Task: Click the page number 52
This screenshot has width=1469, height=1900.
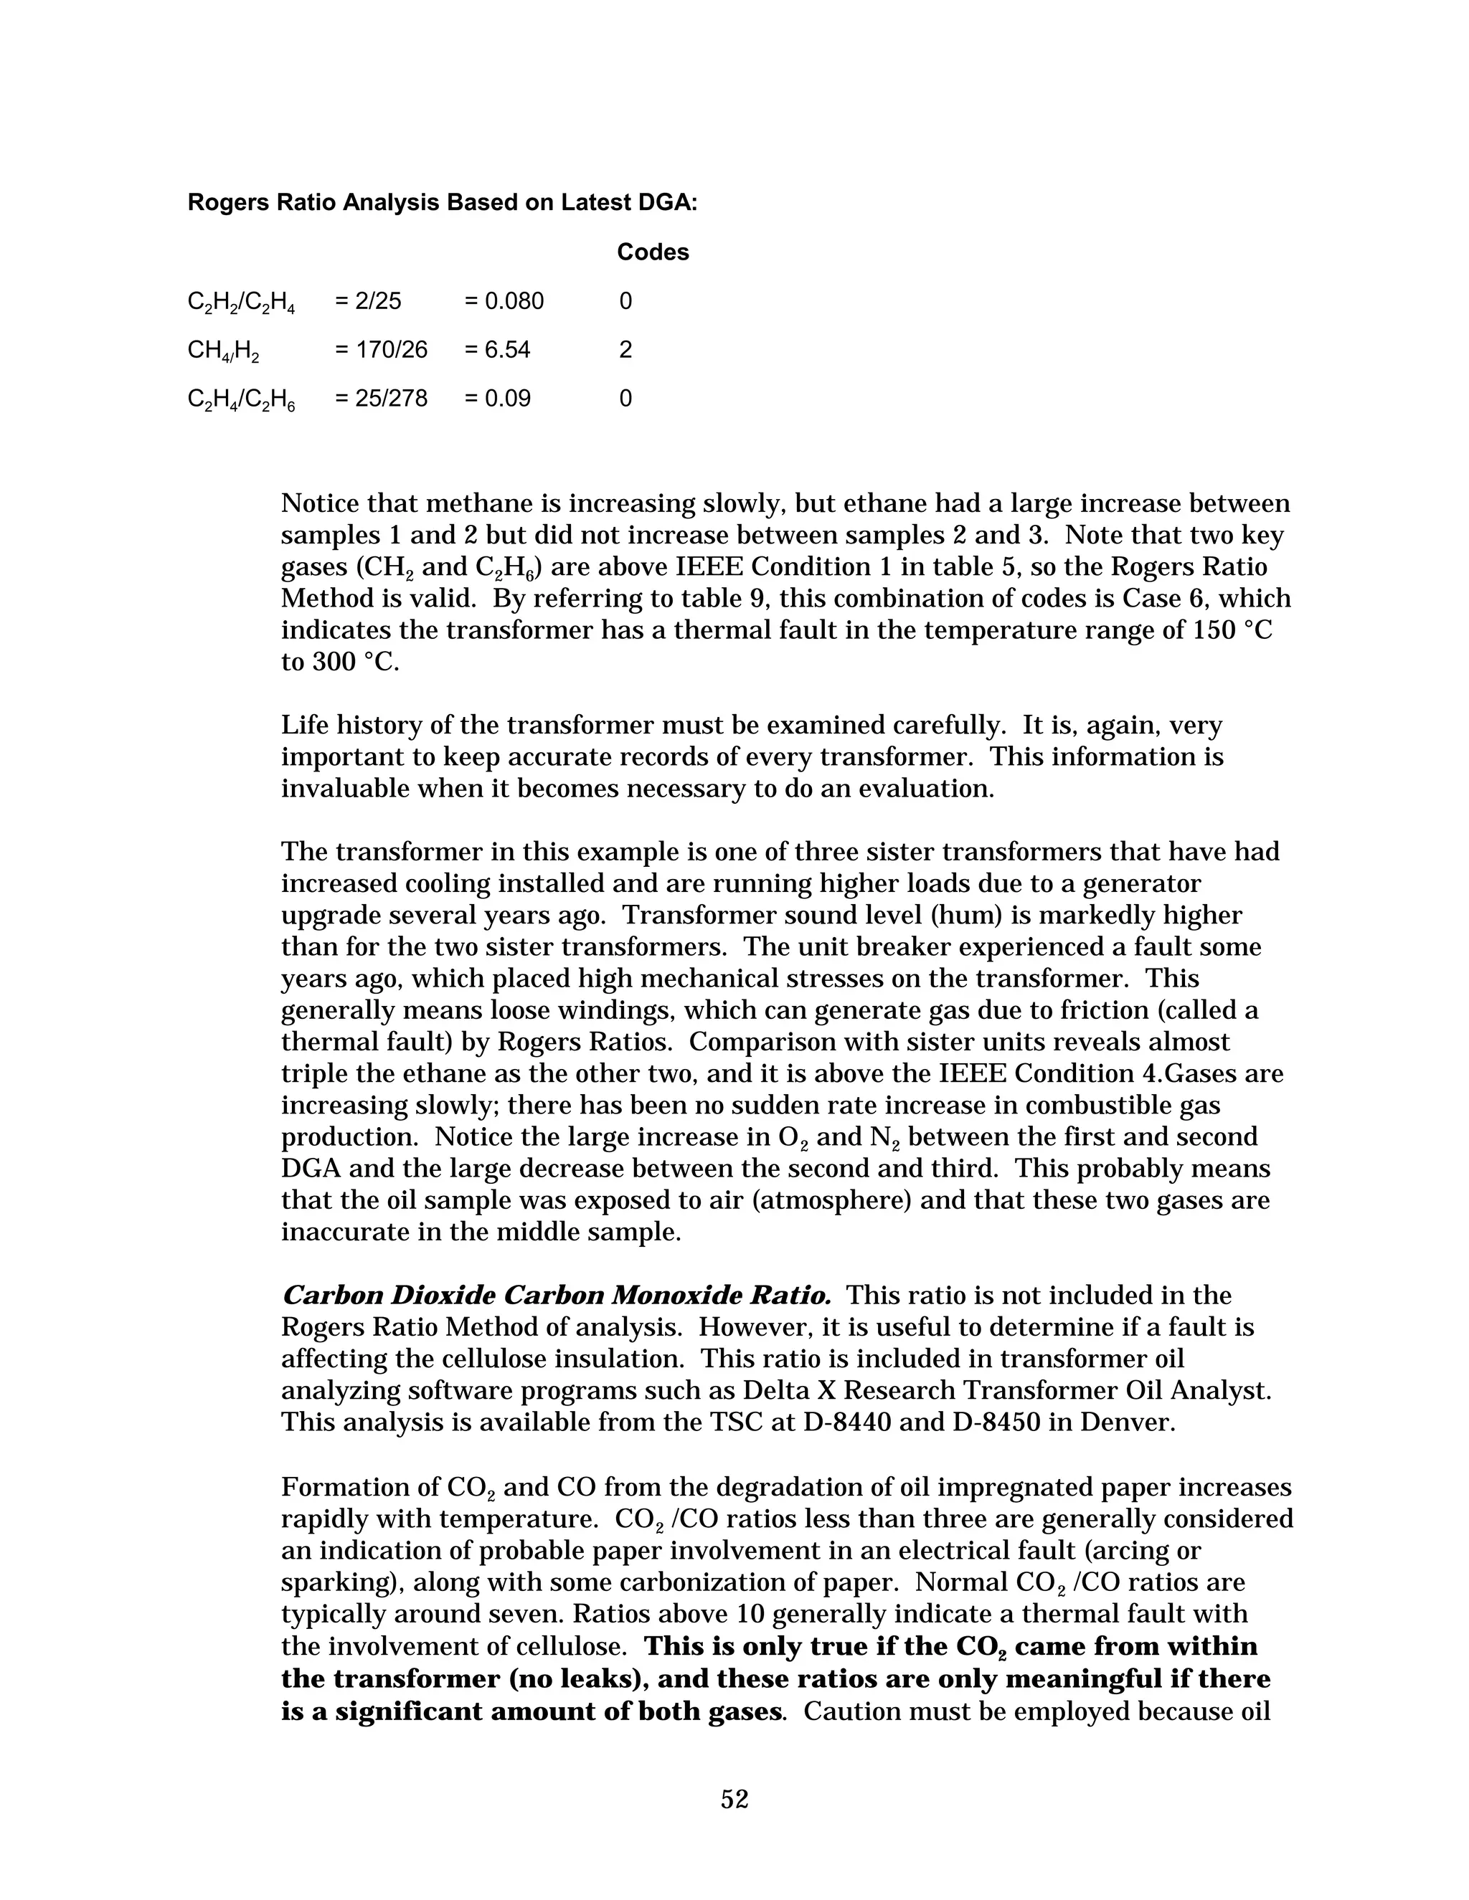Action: (x=734, y=1798)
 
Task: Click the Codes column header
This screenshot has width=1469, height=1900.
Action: (x=653, y=252)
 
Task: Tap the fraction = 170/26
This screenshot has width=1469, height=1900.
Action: (x=381, y=350)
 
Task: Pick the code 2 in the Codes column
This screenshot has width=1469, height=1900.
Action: (x=625, y=350)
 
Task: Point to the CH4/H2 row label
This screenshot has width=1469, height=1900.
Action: (x=224, y=351)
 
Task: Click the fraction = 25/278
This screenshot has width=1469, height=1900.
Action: (x=381, y=399)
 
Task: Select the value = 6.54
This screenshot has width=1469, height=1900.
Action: (x=497, y=350)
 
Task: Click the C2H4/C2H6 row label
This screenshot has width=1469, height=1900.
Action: (x=241, y=399)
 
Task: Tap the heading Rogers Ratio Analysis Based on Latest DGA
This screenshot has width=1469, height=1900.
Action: (x=442, y=203)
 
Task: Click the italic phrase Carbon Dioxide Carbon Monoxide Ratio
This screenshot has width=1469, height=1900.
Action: (x=556, y=1296)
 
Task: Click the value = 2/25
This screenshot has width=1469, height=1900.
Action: (x=368, y=301)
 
